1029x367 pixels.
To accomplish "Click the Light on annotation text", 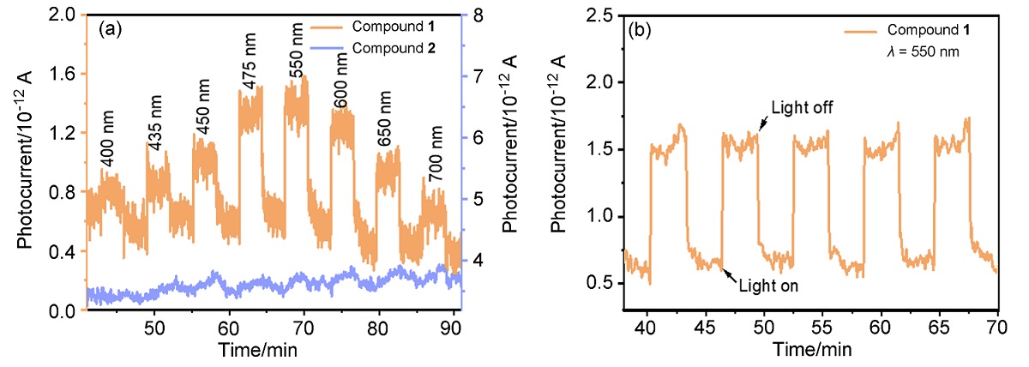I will point(768,286).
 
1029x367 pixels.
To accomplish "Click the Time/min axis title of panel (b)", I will point(811,349).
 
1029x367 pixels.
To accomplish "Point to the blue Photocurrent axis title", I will point(508,163).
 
